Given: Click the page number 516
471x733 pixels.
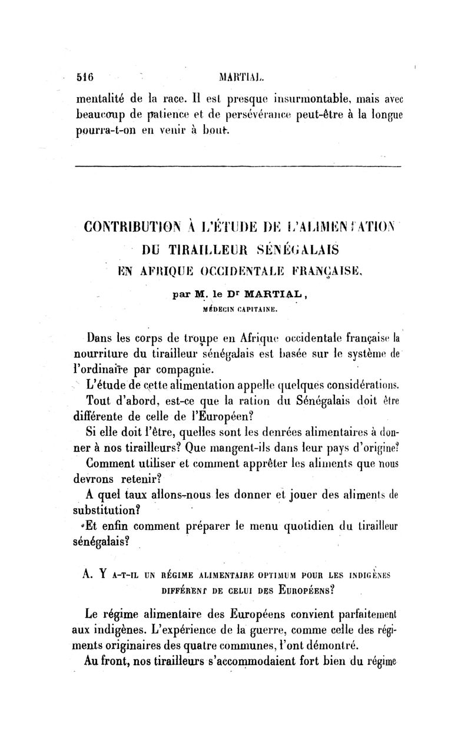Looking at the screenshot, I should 86,77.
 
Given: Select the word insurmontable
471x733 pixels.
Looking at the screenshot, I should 301,94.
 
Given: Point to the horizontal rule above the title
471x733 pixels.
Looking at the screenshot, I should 238,167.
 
